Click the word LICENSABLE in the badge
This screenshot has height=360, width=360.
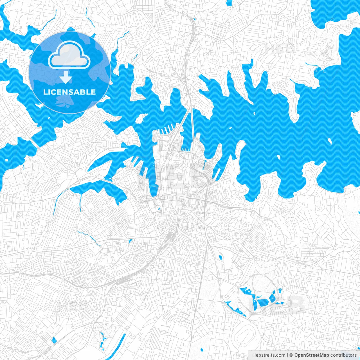pos(69,92)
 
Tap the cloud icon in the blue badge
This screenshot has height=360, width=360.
pos(69,56)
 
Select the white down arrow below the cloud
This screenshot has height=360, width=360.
pos(66,77)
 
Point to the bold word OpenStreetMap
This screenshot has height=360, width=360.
pos(312,355)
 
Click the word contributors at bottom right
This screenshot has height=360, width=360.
pos(343,355)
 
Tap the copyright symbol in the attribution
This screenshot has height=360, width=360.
pos(291,355)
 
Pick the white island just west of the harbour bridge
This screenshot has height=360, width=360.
pos(141,118)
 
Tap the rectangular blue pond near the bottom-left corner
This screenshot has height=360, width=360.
pos(54,340)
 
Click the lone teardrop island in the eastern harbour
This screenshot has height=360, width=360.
pos(330,141)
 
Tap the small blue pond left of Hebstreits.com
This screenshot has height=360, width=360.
pos(202,350)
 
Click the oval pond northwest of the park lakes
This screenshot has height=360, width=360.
pos(220,257)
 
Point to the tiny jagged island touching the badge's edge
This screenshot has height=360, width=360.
pos(40,106)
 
